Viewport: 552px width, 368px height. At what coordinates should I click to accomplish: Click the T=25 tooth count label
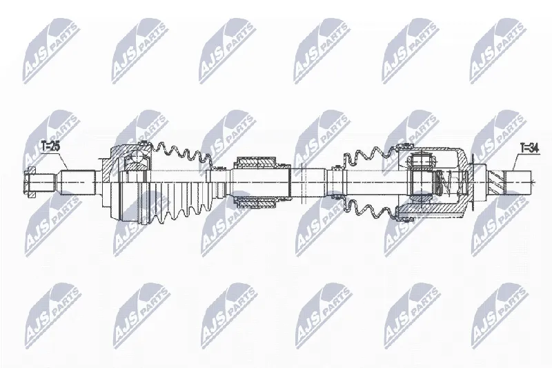50,146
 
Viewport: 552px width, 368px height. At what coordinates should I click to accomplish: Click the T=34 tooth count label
529,148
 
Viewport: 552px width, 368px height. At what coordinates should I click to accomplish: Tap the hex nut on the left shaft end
31,182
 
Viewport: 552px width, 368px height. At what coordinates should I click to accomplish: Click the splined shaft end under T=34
519,182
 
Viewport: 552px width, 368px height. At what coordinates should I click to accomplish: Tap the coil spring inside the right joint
448,182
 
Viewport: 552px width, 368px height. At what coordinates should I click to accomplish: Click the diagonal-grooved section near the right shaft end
497,182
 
